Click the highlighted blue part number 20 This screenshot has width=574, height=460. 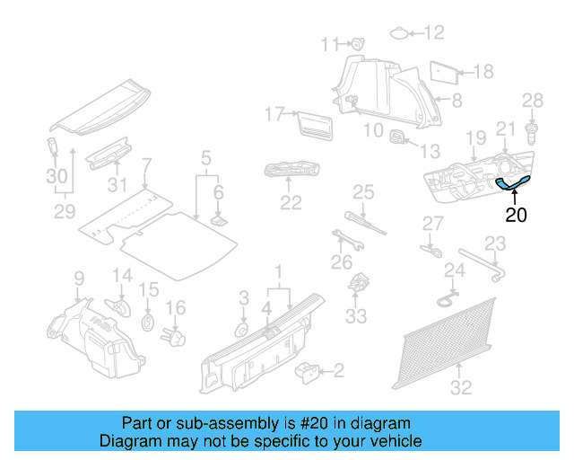point(513,183)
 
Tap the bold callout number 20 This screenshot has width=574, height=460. point(516,215)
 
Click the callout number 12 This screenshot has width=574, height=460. point(434,33)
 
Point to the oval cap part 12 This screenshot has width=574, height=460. point(398,34)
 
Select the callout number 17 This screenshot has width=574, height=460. point(274,114)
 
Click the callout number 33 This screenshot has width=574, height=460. point(356,316)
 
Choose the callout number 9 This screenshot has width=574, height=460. point(79,278)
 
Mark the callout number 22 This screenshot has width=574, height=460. point(290,203)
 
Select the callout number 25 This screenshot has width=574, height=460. point(362,190)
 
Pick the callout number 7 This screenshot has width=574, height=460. point(147,164)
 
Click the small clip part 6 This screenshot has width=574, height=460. point(217,218)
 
